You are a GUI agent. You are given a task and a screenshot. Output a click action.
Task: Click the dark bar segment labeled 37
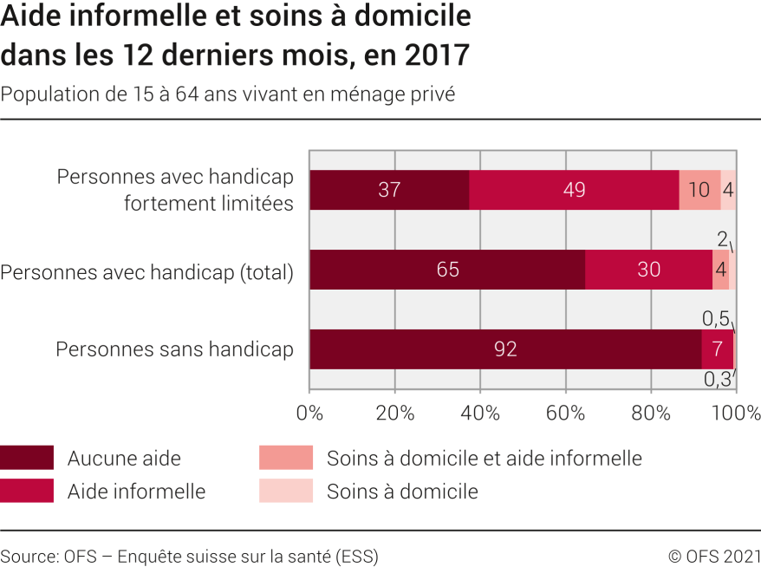coord(389,190)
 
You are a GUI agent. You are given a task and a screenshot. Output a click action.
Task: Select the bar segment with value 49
coord(574,190)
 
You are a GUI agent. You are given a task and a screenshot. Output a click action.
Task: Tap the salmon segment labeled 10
coord(699,190)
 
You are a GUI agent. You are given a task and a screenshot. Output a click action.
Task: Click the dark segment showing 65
coord(447,270)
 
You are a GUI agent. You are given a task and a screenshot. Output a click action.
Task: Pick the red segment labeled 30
coord(648,270)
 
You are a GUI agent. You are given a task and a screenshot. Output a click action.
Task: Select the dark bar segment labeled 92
coord(505,349)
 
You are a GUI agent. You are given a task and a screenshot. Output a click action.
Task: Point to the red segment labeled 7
coord(718,349)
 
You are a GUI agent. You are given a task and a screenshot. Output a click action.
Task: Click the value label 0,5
coord(715,319)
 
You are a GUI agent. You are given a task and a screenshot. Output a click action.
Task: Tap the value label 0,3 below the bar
coord(716,380)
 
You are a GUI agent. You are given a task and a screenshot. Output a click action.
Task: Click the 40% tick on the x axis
coord(480,412)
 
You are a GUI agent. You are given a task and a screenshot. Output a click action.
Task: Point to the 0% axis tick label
coord(309,412)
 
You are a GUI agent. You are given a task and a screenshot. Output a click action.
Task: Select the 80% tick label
coord(651,412)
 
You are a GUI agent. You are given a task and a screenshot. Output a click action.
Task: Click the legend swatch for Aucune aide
coord(26,458)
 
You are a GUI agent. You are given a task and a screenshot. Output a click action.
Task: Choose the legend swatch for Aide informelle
coord(26,491)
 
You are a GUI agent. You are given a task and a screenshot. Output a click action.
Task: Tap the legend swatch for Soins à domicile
coord(285,491)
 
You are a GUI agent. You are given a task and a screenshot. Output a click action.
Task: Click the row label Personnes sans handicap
coord(174,349)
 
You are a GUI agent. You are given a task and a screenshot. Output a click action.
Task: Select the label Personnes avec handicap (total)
coord(147,271)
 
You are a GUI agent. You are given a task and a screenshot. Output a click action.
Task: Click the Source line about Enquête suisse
coord(189,556)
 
